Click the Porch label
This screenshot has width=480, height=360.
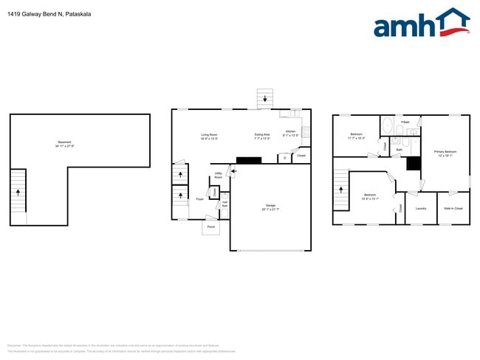pos(210,227)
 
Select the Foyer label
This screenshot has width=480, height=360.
pos(200,199)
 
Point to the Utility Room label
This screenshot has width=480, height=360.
pos(219,175)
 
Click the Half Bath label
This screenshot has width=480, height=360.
pos(225,204)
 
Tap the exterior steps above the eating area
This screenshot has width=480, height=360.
pos(264,99)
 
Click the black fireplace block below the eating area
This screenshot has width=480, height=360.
pos(243,160)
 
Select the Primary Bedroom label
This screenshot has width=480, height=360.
pos(446,153)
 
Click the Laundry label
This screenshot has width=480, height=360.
pos(421,208)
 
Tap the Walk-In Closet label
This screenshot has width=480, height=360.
pos(453,208)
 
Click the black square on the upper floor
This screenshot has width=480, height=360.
pos(414,163)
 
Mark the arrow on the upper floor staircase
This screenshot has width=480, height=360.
pos(341,188)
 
